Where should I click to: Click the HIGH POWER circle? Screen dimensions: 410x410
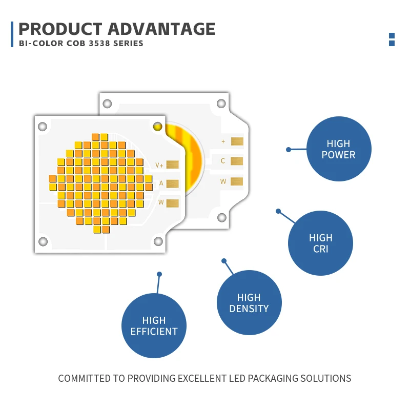(x=339, y=149)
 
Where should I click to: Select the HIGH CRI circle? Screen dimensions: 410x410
(x=320, y=243)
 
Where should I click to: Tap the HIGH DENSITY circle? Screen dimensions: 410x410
(x=249, y=302)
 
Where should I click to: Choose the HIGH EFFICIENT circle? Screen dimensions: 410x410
(x=154, y=325)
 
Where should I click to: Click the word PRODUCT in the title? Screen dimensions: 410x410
(x=60, y=29)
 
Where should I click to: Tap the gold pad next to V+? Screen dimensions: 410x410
(x=173, y=165)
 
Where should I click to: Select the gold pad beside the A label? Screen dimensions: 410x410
(x=173, y=183)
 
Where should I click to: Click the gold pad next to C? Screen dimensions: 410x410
(x=237, y=161)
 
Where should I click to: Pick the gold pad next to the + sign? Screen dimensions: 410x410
(x=237, y=141)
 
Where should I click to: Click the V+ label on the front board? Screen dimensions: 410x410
(x=159, y=165)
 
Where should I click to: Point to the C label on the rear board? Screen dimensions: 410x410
(x=223, y=161)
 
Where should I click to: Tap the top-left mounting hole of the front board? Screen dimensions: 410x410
(x=43, y=127)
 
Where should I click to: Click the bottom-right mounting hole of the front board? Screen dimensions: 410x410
(x=158, y=241)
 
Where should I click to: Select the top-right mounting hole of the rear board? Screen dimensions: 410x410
(x=221, y=104)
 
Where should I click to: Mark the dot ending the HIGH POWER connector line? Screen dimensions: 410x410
(x=289, y=150)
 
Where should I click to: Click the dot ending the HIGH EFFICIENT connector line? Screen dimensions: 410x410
(x=159, y=274)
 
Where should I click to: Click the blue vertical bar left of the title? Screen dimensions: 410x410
(x=12, y=34)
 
